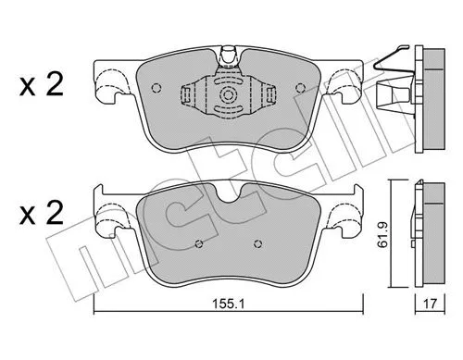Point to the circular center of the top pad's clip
coord(227,95)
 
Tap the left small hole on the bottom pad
coord(200,246)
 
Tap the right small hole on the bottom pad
coord(256,246)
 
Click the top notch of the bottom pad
coord(227,194)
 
